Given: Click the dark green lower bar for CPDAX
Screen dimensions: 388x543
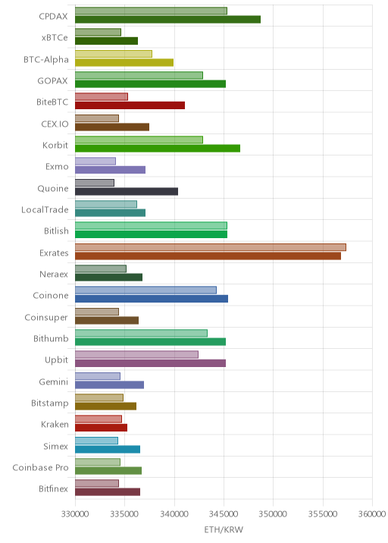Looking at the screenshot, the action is tap(168, 20).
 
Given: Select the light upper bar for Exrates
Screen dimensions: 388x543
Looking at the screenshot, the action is tap(211, 247).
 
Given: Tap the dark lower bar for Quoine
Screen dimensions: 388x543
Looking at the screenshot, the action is tap(127, 192).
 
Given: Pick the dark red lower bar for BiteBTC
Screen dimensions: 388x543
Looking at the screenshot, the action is tap(130, 105).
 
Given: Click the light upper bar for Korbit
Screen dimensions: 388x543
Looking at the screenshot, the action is tap(139, 140).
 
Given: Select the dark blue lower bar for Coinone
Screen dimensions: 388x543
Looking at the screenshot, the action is tap(152, 299).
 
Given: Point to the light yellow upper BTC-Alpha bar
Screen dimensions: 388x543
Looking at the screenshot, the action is tap(114, 54).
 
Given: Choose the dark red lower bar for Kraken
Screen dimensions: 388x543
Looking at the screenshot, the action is tap(101, 428).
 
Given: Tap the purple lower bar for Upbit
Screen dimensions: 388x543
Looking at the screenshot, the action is tap(150, 363).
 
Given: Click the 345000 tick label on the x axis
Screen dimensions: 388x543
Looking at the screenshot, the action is tap(224, 514).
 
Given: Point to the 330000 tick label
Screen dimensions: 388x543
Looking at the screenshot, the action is tap(75, 514).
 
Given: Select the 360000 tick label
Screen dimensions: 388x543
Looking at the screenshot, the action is tap(372, 514).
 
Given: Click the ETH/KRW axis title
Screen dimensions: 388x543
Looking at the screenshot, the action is tap(224, 529).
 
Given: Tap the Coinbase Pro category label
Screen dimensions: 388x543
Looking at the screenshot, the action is tap(40, 467).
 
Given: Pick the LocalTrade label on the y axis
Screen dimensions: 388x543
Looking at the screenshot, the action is tap(45, 210).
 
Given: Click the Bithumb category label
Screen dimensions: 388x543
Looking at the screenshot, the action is tap(51, 339).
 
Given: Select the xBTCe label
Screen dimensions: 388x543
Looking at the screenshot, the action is tap(55, 38).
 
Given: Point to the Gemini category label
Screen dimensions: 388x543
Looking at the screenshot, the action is tap(54, 381).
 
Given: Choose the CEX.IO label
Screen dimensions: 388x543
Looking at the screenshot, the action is tap(55, 124).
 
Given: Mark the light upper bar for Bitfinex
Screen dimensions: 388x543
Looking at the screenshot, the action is tap(97, 483).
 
